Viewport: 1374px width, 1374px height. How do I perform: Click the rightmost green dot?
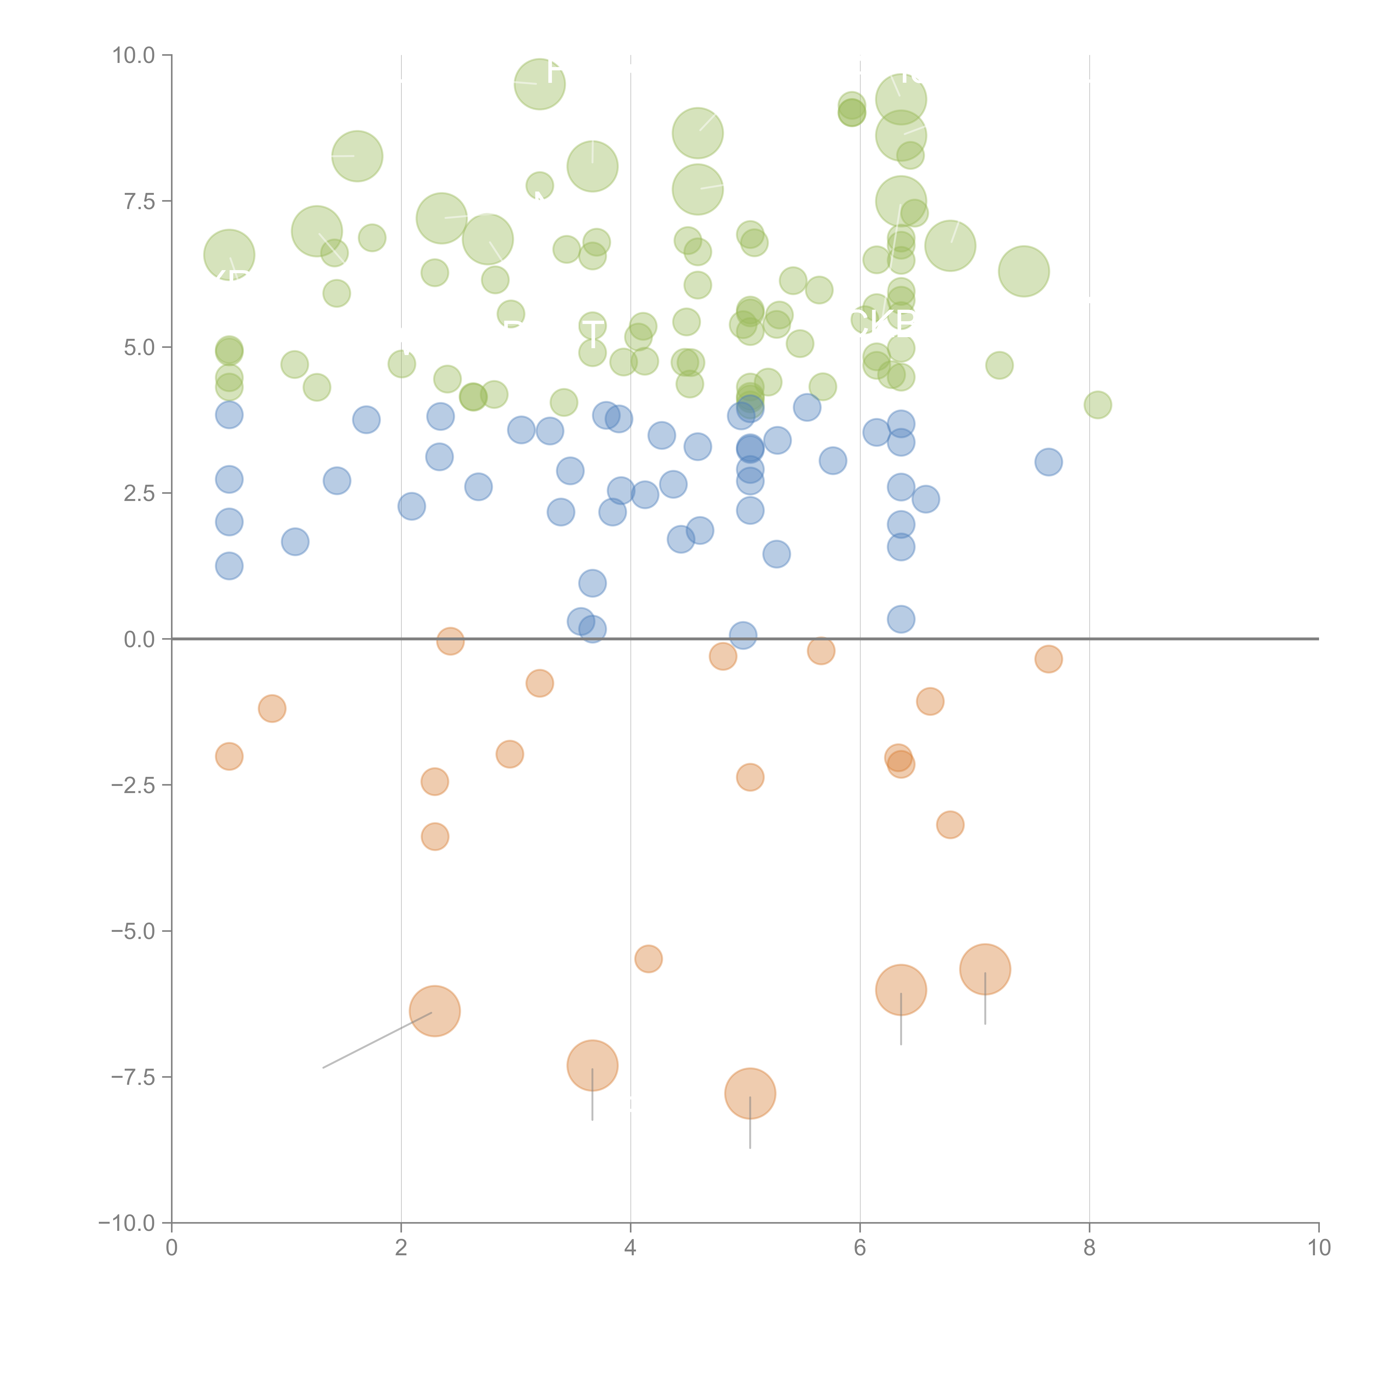click(x=1097, y=405)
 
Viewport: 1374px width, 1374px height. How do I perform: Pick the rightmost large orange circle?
click(x=985, y=969)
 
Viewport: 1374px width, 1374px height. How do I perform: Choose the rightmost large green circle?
click(x=1023, y=271)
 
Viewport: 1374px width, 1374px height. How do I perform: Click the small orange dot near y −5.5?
click(x=648, y=959)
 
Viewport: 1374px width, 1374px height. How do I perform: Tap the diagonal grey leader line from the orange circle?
click(x=377, y=1040)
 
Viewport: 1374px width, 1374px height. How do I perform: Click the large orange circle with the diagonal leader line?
click(x=434, y=1011)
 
